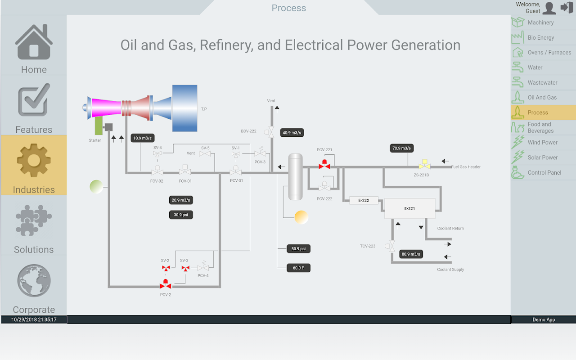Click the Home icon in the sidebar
(x=34, y=42)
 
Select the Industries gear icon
(x=34, y=161)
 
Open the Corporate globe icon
(x=34, y=280)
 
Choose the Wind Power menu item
(x=543, y=143)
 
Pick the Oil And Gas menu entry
(x=542, y=98)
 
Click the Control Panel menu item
(x=544, y=173)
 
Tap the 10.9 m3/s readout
(x=143, y=138)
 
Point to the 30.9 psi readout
(x=181, y=215)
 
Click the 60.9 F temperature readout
(x=299, y=268)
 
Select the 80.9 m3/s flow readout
(x=411, y=254)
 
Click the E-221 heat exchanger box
(x=409, y=209)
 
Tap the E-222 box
(x=364, y=200)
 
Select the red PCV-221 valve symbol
(x=324, y=165)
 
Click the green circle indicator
(x=96, y=186)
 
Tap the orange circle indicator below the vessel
(x=301, y=217)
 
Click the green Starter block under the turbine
(x=99, y=126)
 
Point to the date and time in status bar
(x=34, y=319)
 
